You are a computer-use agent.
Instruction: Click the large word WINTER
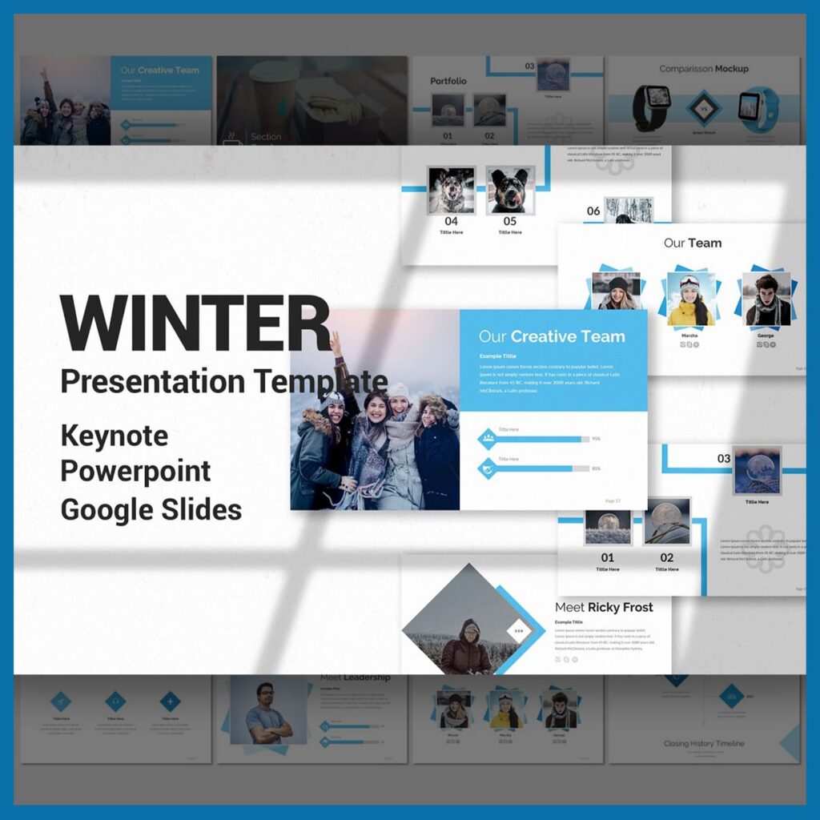coord(195,324)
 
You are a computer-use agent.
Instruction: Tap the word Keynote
coord(115,436)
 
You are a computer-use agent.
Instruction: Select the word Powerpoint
coord(135,472)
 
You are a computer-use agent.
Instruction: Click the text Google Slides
coord(151,508)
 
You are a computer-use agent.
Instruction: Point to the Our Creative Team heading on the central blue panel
coord(552,336)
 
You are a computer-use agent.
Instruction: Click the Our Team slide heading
coord(693,243)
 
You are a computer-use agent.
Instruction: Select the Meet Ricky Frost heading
coord(604,607)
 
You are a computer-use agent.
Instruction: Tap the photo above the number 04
coord(451,190)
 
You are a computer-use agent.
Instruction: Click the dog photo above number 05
coord(510,190)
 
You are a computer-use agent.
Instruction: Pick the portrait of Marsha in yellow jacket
coord(691,299)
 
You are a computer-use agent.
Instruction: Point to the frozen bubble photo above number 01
coord(608,527)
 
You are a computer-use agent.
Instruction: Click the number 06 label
coord(593,211)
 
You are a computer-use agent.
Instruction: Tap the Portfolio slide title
coord(448,81)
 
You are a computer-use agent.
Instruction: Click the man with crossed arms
coord(268,712)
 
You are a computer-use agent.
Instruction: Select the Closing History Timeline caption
coord(704,743)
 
